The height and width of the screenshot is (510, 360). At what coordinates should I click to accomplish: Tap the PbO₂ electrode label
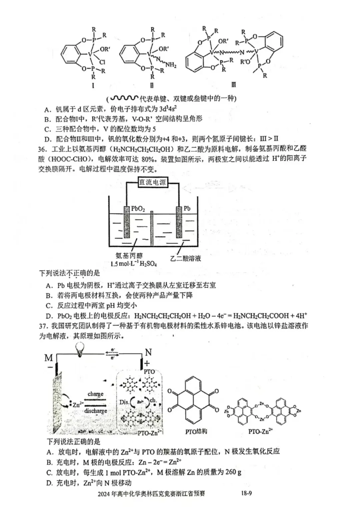(x=138, y=209)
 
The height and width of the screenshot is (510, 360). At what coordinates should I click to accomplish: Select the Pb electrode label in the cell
(x=187, y=208)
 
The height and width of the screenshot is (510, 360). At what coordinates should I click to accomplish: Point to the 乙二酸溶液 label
(x=186, y=258)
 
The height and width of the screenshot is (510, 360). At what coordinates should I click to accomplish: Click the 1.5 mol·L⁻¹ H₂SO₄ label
(x=134, y=264)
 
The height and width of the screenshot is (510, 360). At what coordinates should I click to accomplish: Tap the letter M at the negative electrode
(x=49, y=358)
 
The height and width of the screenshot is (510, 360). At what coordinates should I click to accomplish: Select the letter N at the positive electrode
(x=148, y=352)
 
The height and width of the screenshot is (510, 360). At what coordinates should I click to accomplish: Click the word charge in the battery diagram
(x=95, y=394)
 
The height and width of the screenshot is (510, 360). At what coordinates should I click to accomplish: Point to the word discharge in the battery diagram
(x=96, y=411)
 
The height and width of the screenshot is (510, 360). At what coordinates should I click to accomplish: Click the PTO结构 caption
(x=196, y=431)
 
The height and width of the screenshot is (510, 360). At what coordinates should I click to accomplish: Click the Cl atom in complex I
(x=102, y=62)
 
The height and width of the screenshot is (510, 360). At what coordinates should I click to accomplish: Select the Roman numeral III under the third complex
(x=233, y=84)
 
